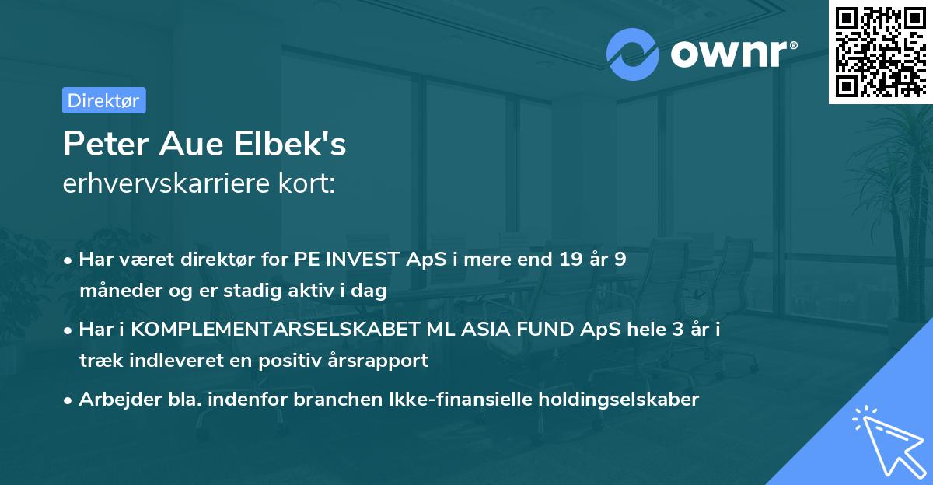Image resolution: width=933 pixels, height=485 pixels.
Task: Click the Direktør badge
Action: point(103,100)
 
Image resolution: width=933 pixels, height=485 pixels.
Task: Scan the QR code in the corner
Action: point(880,52)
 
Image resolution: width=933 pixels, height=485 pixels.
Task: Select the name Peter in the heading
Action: point(105,145)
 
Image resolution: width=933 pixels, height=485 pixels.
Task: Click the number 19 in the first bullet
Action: point(563,260)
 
